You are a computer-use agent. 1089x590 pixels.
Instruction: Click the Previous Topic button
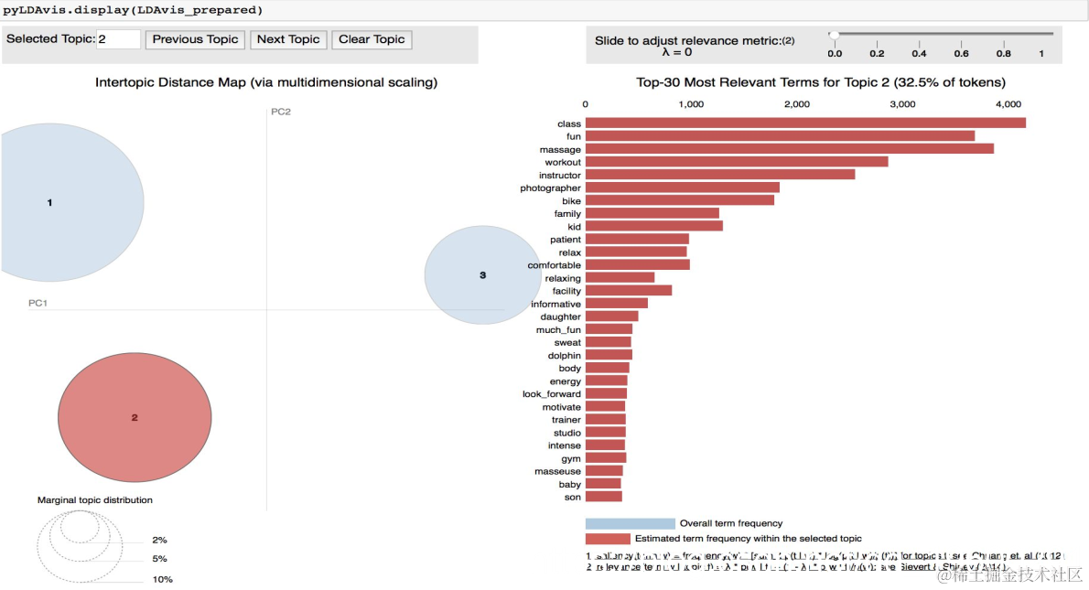(195, 39)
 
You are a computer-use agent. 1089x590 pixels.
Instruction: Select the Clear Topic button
(372, 39)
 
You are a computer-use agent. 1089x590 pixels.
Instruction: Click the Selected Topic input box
(118, 39)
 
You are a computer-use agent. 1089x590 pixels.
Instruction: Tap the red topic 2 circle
(135, 417)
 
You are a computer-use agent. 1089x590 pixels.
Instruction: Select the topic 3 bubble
(483, 274)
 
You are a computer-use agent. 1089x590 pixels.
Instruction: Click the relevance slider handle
(834, 35)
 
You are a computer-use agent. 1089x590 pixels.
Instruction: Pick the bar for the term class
(805, 123)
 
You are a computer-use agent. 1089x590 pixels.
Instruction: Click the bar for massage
(789, 149)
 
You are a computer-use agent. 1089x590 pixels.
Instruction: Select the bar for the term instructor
(720, 175)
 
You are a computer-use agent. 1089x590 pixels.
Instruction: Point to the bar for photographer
(682, 188)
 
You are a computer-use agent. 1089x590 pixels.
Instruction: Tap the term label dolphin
(565, 355)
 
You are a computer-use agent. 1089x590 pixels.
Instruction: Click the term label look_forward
(551, 394)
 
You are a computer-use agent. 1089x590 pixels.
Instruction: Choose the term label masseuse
(557, 471)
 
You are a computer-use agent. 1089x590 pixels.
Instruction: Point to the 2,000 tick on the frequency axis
(797, 104)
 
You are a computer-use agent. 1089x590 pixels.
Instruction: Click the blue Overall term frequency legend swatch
(630, 523)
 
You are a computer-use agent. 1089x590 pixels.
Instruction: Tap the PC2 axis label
(280, 112)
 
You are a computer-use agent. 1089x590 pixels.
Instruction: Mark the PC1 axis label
(38, 303)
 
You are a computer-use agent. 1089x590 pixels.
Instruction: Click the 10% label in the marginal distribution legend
(162, 579)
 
